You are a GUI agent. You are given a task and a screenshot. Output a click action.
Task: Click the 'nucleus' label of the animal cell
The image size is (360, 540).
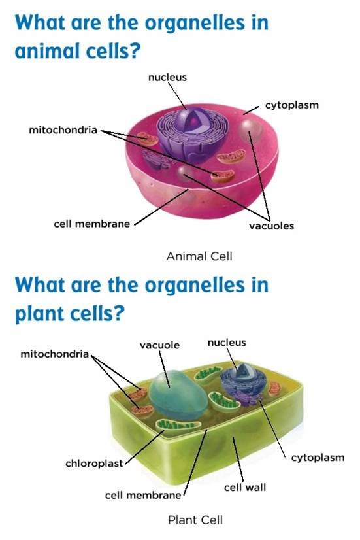point(167,77)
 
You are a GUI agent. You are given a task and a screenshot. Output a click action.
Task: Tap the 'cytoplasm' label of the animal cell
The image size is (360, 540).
point(292,105)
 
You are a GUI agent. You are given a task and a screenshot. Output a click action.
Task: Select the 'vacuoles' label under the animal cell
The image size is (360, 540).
point(272,226)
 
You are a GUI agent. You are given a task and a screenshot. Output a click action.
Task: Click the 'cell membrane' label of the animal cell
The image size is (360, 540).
point(92,224)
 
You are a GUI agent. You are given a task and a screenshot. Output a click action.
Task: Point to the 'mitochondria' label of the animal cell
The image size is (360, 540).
point(63,130)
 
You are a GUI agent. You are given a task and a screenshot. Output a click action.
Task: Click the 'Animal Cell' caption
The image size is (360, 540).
point(199,256)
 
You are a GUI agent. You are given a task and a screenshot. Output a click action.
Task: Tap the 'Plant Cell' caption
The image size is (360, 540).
point(195,520)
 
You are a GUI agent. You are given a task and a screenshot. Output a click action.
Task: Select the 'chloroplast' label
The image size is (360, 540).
point(94,464)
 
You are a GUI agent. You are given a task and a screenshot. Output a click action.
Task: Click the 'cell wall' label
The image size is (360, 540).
point(245,487)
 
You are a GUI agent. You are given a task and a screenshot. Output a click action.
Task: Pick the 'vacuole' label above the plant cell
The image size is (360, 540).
point(159,345)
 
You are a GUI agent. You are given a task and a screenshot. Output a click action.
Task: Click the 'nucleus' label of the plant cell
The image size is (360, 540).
point(227,343)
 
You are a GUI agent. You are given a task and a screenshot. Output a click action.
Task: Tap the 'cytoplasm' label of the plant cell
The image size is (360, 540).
point(318,458)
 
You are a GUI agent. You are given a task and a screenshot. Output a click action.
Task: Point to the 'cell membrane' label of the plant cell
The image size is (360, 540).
point(143,496)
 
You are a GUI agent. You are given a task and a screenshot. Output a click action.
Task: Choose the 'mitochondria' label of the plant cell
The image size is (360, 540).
point(55,354)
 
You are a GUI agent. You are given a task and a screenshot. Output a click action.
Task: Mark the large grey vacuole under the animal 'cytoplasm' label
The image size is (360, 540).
point(250,131)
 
